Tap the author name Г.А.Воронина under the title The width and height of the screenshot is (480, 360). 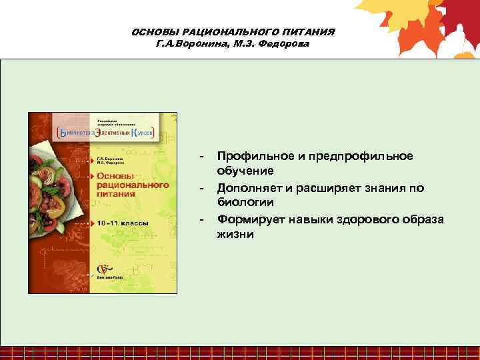coord(185,43)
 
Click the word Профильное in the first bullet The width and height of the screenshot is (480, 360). coord(255,156)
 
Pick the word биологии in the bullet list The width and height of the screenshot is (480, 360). coord(239,203)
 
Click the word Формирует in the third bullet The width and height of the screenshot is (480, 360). coord(249,219)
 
